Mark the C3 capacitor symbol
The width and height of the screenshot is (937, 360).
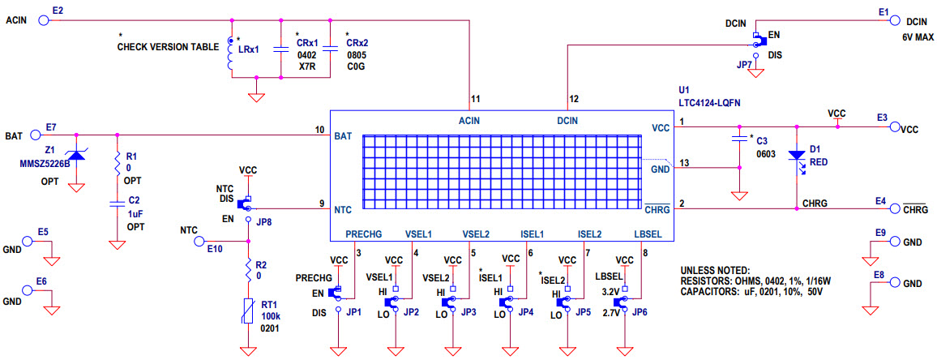739,139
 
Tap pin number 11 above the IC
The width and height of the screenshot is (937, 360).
475,98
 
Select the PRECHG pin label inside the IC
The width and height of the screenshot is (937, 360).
364,234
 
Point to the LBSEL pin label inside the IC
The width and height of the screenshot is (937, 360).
648,234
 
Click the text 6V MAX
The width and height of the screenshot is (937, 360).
918,37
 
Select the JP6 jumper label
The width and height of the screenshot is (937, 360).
640,311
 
